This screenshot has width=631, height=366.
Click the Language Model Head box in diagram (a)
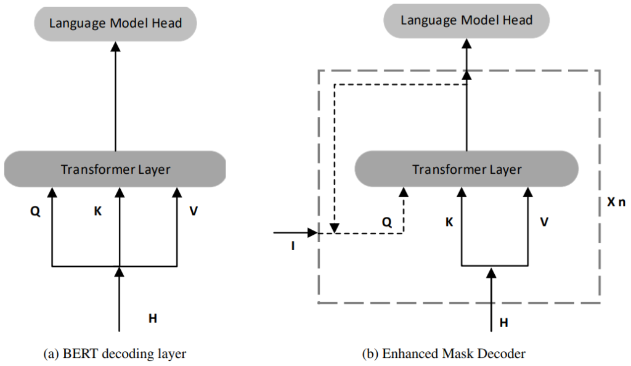[115, 24]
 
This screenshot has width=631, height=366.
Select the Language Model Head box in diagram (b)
[466, 20]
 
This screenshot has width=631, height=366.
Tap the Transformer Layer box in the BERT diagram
[115, 169]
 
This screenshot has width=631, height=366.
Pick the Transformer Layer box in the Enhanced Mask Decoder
[466, 169]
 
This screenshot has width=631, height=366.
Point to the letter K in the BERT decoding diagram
[97, 211]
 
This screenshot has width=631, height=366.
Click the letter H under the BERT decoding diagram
[153, 318]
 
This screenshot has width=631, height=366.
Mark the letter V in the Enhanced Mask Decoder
[544, 221]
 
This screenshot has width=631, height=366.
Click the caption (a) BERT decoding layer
[115, 353]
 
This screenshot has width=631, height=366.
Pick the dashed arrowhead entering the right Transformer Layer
[403, 193]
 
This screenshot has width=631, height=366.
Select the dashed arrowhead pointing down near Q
[333, 229]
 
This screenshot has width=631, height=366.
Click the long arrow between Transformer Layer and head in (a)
[115, 99]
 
